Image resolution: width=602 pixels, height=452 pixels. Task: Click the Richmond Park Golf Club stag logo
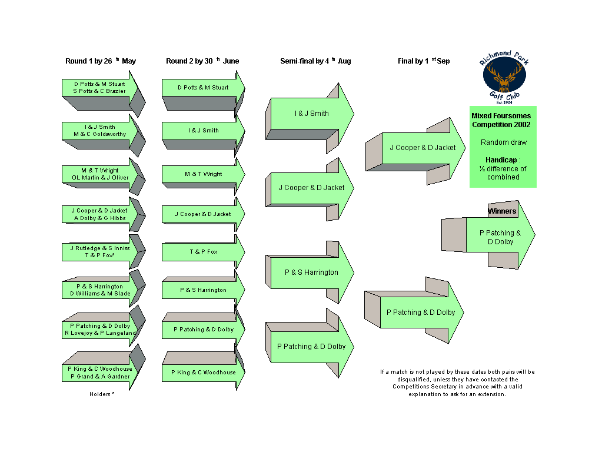(x=504, y=77)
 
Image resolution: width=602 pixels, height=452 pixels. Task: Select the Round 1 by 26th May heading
(x=101, y=61)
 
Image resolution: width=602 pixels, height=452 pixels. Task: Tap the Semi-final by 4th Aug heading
(x=315, y=61)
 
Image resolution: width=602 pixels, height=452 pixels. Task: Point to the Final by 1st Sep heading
(x=424, y=61)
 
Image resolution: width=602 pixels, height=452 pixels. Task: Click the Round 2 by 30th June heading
(x=202, y=61)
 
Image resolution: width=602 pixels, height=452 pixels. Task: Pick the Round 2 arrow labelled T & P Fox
(x=204, y=251)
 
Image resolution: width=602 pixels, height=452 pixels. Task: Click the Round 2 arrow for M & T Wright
(x=204, y=175)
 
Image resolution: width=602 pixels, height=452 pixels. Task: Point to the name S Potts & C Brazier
(x=99, y=91)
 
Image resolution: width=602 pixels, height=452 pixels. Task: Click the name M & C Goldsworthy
(x=100, y=134)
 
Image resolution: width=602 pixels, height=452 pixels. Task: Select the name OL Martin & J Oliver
(x=100, y=177)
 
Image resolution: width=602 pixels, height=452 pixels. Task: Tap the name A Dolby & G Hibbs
(x=100, y=218)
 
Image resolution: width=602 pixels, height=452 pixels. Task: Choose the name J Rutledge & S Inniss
(x=100, y=248)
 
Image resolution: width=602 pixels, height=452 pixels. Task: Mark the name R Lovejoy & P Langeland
(x=100, y=333)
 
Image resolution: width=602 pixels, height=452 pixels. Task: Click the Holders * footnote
(x=102, y=394)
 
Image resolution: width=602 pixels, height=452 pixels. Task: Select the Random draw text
(x=504, y=142)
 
